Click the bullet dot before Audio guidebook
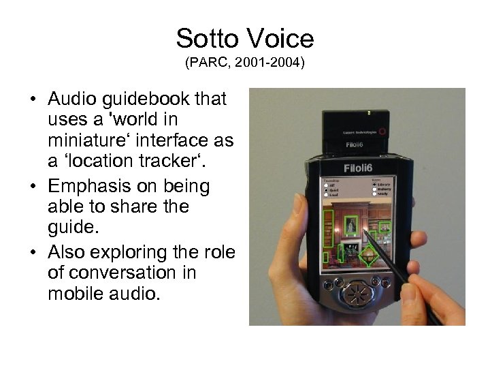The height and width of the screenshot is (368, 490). [x=32, y=100]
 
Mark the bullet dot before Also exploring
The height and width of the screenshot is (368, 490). [x=32, y=252]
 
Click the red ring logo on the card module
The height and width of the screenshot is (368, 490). [x=386, y=131]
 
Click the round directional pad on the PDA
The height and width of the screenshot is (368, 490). [x=357, y=294]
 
